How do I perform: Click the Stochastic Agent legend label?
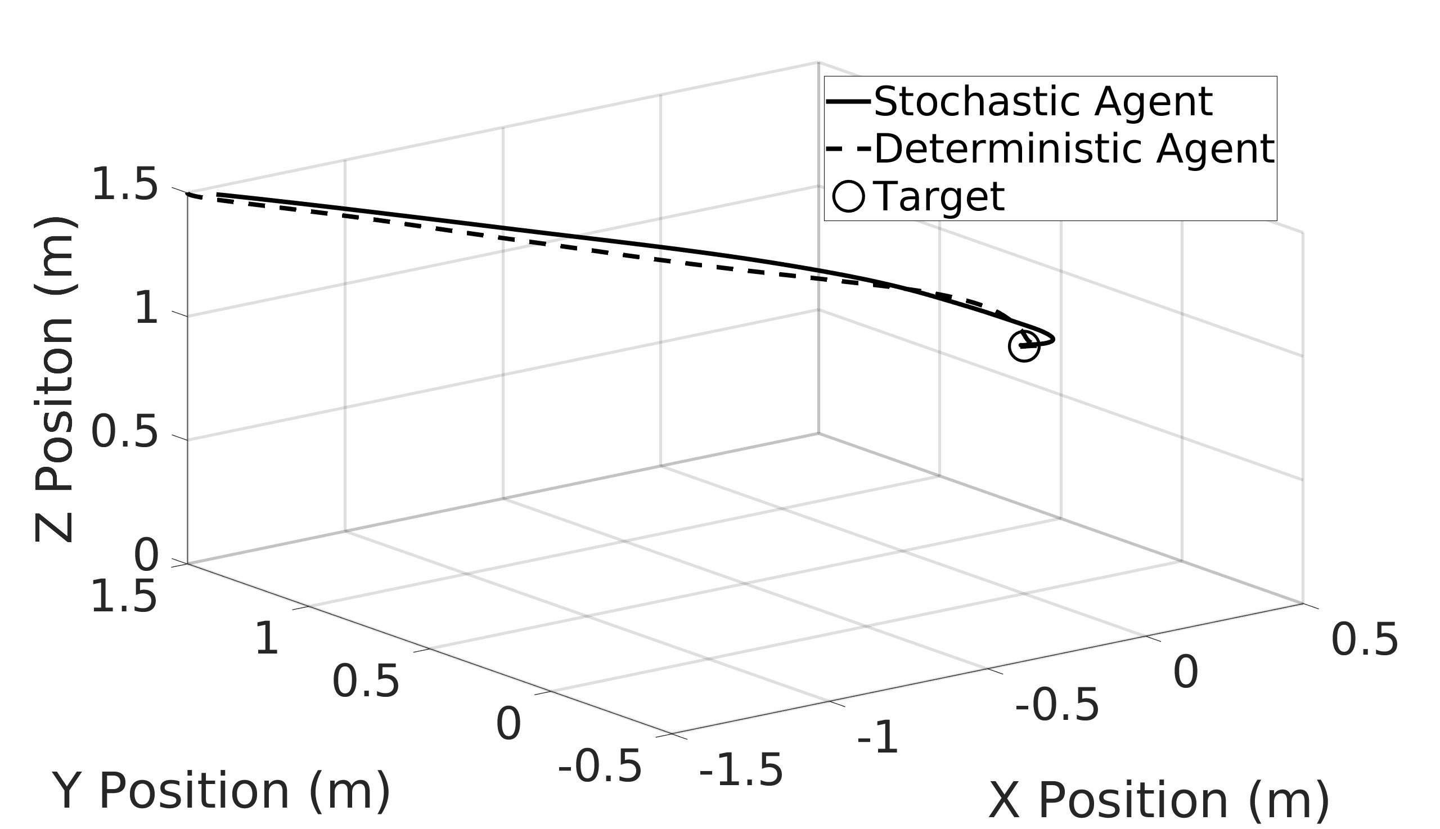point(1042,102)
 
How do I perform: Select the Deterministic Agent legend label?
point(1074,150)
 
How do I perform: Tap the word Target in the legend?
point(938,197)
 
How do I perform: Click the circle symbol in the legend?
point(848,196)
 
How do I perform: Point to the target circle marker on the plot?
point(1024,346)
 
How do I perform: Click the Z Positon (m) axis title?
point(54,379)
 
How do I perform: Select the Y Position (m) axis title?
point(221,791)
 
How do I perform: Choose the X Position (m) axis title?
point(1159,801)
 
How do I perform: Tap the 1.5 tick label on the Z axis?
point(124,185)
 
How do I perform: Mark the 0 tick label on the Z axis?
point(146,556)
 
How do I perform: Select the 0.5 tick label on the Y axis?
point(366,682)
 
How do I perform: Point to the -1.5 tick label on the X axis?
point(741,772)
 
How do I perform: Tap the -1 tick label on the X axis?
point(877,738)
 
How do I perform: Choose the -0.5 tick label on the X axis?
point(1057,705)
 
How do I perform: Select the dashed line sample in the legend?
point(848,150)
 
